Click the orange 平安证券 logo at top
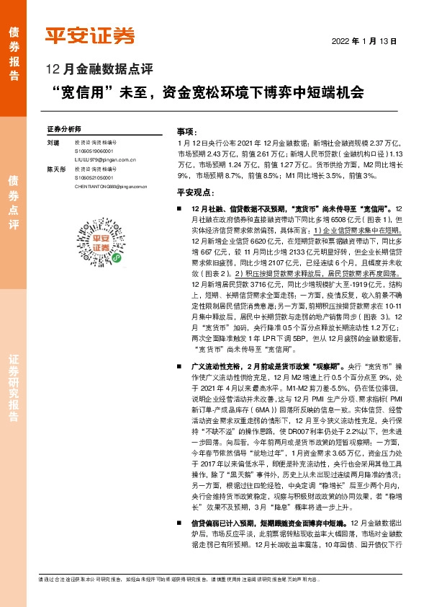point(90,37)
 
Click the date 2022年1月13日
point(364,42)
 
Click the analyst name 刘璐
point(53,143)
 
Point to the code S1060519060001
point(94,152)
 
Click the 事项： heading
point(186,132)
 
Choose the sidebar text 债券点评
point(14,203)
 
